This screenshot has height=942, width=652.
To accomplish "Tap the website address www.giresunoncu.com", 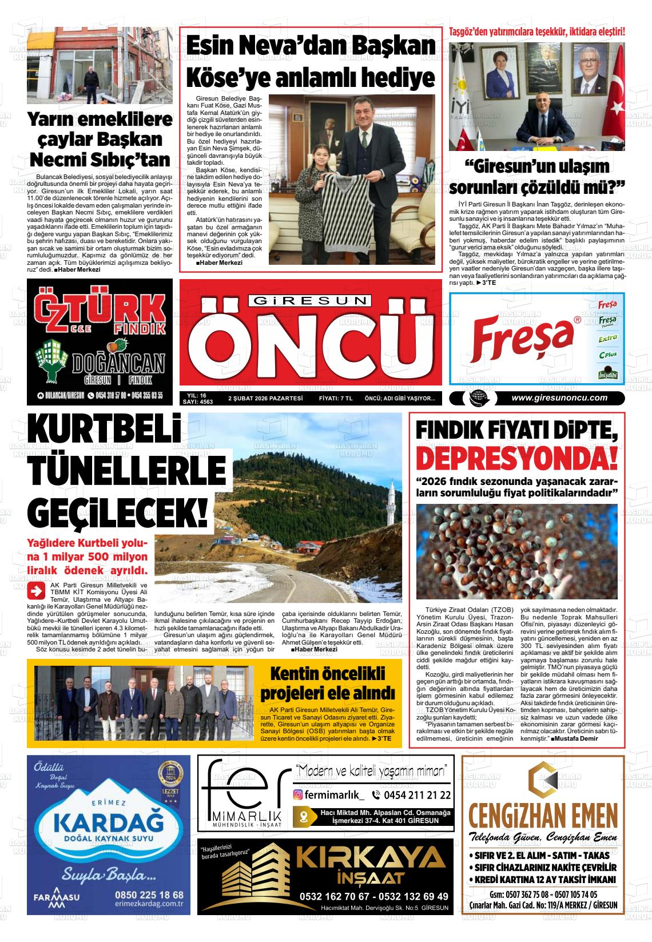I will (x=559, y=399).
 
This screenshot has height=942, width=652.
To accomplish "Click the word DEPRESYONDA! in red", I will (x=517, y=459).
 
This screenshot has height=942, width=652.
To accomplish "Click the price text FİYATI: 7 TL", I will (x=335, y=399).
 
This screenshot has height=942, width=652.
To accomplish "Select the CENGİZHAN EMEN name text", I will (x=543, y=814).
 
